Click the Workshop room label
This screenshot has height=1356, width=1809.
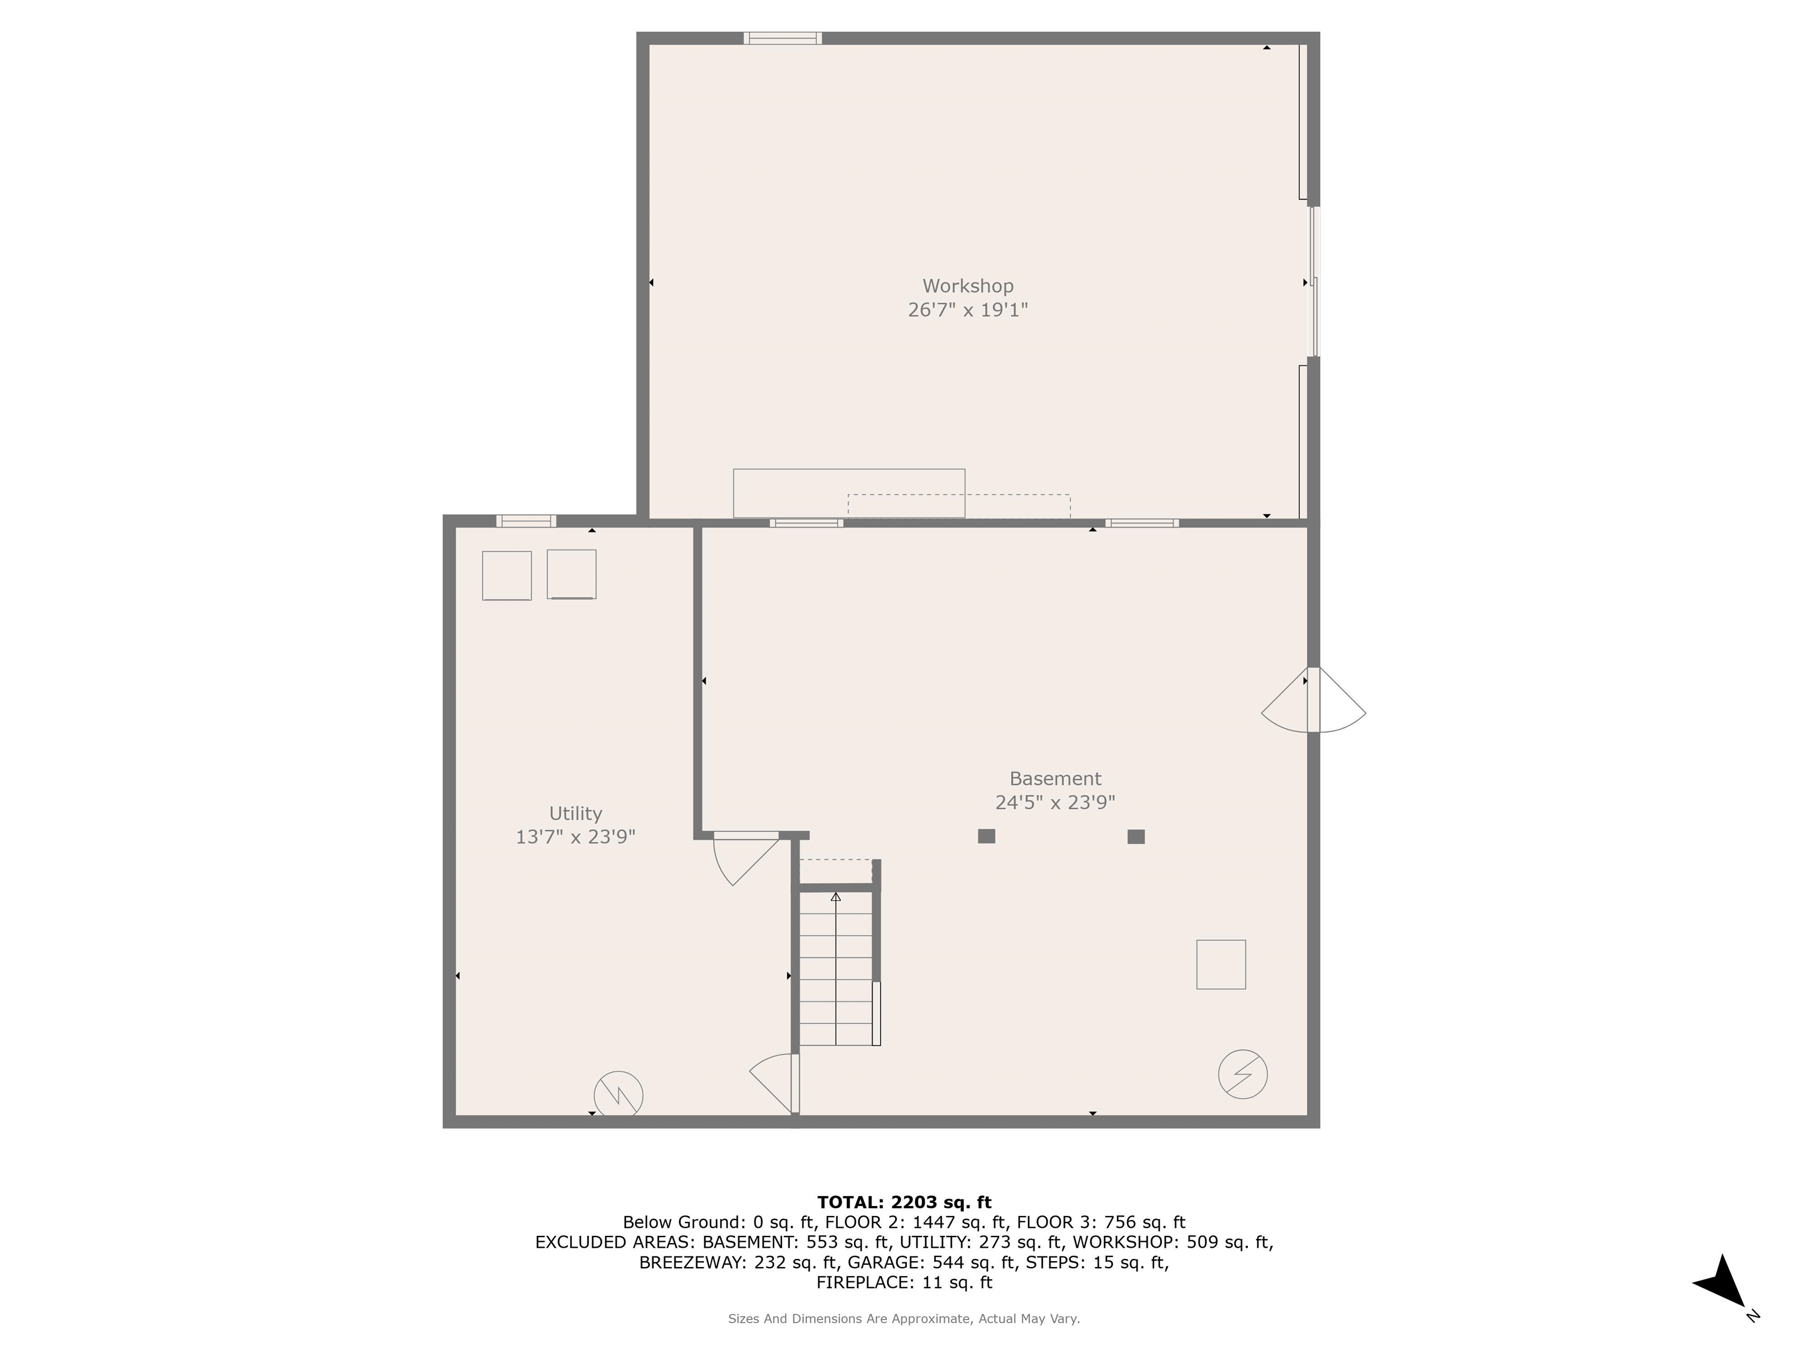coord(968,286)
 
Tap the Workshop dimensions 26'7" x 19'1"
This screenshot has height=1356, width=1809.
coord(968,310)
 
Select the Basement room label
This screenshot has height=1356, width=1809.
coord(1055,779)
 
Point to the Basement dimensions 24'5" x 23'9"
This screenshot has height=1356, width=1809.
coord(1055,803)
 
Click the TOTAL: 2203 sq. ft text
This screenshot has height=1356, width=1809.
coord(904,1202)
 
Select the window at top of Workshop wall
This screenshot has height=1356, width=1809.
coord(783,38)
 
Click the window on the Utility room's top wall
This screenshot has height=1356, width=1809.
coord(526,521)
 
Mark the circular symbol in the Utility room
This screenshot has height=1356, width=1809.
coord(618,1095)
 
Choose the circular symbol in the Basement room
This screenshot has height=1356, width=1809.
coord(1243,1074)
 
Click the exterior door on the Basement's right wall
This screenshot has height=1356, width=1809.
coord(1313,700)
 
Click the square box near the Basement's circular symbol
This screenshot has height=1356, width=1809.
coord(1221,965)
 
